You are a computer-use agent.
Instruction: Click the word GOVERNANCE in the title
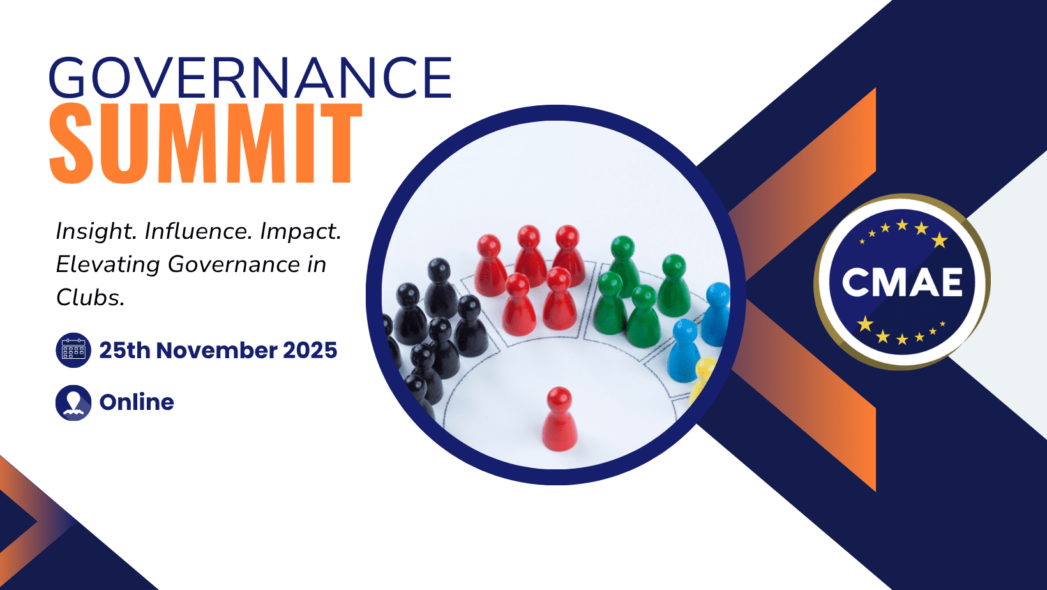click(x=250, y=78)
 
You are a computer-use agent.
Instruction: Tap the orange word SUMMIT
click(x=206, y=144)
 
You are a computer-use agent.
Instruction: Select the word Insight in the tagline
click(x=94, y=231)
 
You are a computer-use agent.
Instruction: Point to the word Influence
click(x=198, y=231)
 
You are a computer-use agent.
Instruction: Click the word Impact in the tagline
click(x=300, y=231)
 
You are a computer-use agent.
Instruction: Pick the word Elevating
click(x=107, y=264)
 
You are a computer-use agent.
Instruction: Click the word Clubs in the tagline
click(x=89, y=298)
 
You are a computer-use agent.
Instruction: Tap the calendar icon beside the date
click(x=73, y=350)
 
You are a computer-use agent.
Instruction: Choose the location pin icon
click(x=73, y=402)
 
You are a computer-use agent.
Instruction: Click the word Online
click(x=137, y=402)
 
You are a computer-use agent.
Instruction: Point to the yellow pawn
click(x=704, y=377)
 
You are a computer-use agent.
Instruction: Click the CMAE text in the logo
click(x=902, y=282)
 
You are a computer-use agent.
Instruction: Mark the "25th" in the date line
click(x=124, y=351)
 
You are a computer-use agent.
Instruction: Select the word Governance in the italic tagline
click(x=234, y=264)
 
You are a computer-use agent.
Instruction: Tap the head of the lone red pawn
click(x=559, y=398)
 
